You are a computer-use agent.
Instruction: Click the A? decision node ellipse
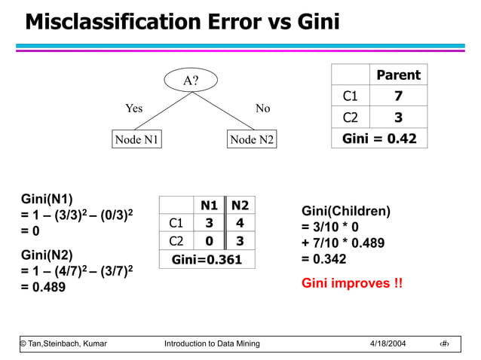click(x=191, y=80)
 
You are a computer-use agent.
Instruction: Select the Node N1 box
click(x=136, y=139)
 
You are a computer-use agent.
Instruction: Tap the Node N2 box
click(x=252, y=139)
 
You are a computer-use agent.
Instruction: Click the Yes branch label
click(x=133, y=108)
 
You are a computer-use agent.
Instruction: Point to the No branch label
click(x=262, y=108)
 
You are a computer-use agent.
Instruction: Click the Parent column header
click(x=398, y=75)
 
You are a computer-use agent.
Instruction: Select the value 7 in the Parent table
click(x=398, y=96)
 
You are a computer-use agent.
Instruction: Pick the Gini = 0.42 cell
click(x=379, y=139)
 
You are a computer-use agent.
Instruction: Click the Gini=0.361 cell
click(x=207, y=260)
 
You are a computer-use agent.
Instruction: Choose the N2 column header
click(x=240, y=206)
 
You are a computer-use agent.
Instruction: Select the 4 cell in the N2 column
click(x=240, y=224)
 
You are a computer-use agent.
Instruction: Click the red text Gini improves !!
click(x=351, y=284)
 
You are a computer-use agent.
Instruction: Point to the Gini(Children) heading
click(x=345, y=212)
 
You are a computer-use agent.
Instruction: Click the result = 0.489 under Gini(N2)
click(x=43, y=287)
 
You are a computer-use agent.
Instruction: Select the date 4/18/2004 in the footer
click(x=388, y=343)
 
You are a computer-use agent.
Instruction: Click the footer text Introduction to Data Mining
click(x=212, y=343)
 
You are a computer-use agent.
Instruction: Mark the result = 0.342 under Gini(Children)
click(x=324, y=259)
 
